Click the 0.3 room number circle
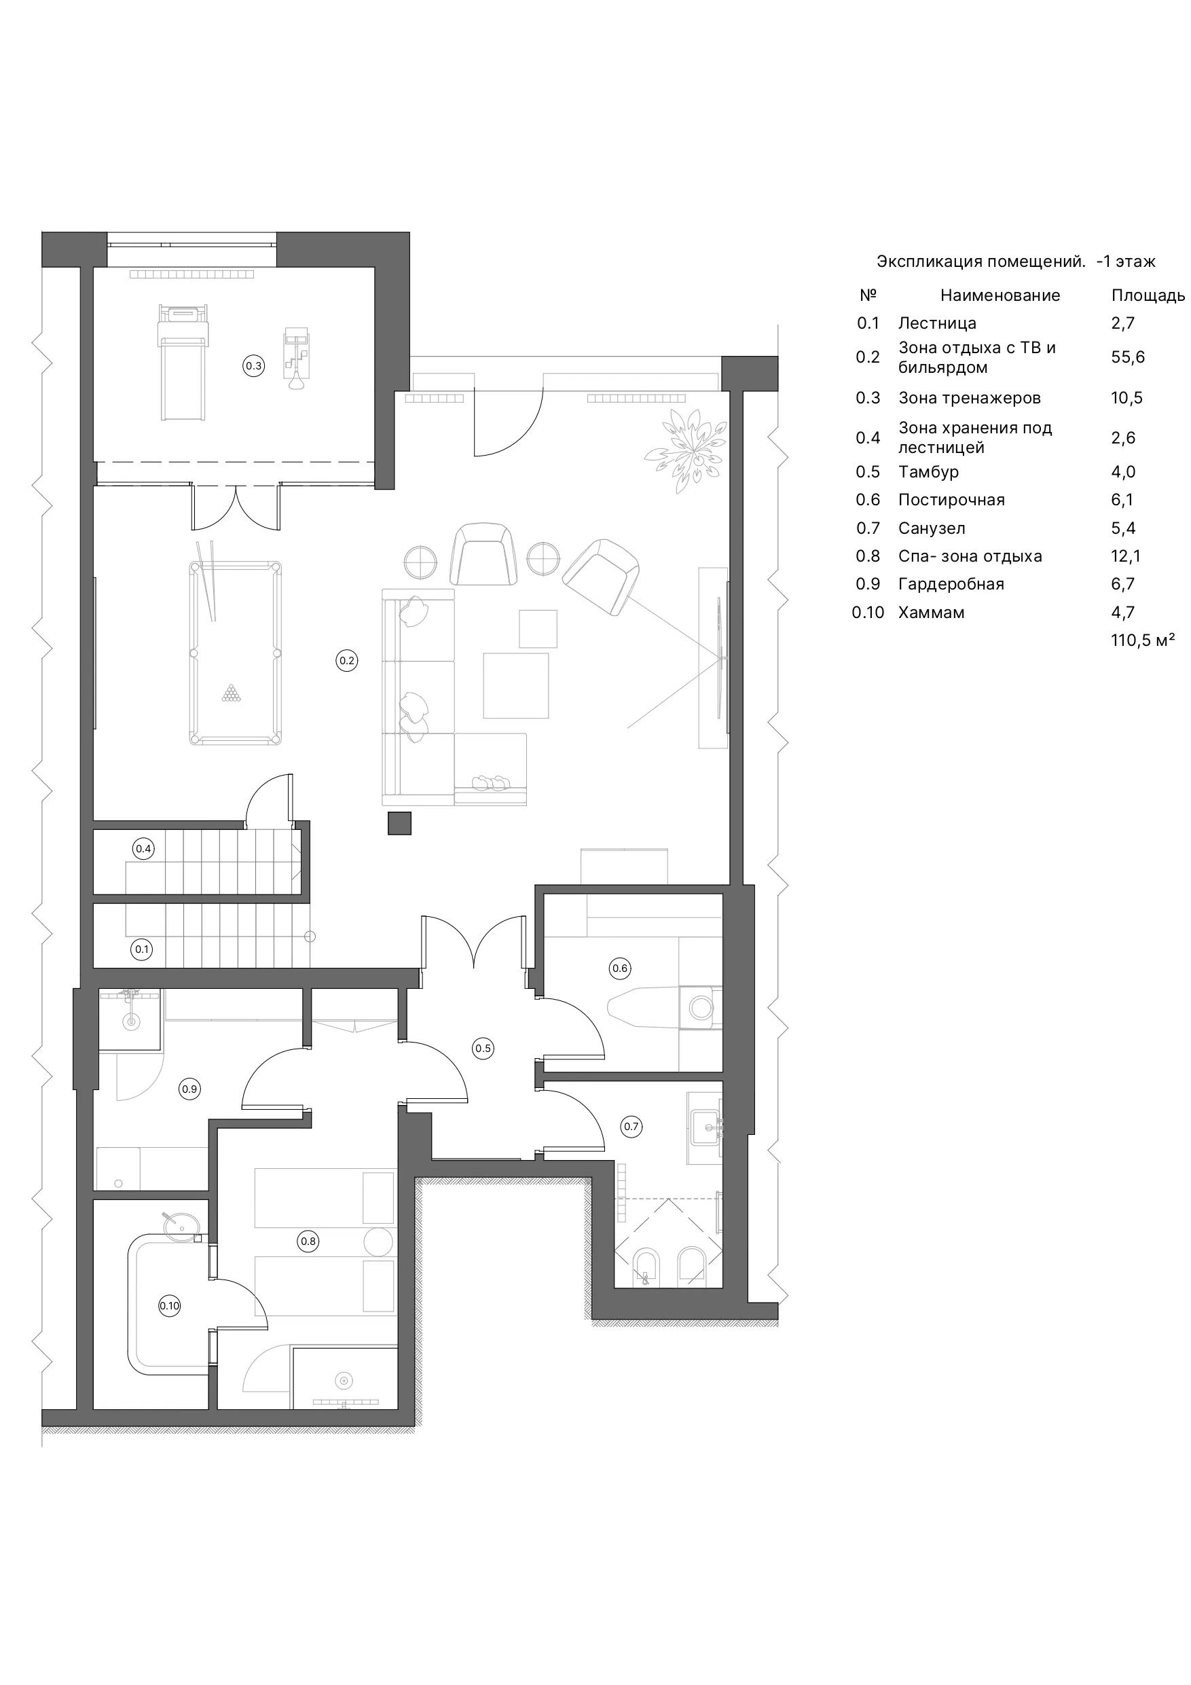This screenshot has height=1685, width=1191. click(253, 365)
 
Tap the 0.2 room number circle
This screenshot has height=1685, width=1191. click(346, 661)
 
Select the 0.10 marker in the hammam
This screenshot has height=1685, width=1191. click(170, 1305)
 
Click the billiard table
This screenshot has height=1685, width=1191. click(236, 653)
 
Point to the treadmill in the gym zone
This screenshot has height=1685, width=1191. click(183, 363)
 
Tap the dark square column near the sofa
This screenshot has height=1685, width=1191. click(399, 823)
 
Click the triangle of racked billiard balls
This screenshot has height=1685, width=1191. click(231, 693)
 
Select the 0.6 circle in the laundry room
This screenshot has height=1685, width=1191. click(620, 968)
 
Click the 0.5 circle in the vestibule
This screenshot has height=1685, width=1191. click(483, 1048)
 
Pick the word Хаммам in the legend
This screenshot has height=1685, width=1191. click(931, 612)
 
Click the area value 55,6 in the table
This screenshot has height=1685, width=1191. click(1128, 357)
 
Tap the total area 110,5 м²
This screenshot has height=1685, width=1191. click(1143, 640)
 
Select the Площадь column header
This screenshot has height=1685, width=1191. click(1148, 295)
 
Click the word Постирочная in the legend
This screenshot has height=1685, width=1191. click(952, 500)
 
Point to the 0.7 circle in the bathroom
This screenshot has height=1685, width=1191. click(631, 1126)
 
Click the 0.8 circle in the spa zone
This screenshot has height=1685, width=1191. click(308, 1242)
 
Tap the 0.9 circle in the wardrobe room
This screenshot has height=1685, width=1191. click(189, 1089)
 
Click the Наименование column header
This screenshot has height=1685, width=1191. click(1000, 295)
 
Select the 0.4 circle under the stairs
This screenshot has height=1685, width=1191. click(143, 849)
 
